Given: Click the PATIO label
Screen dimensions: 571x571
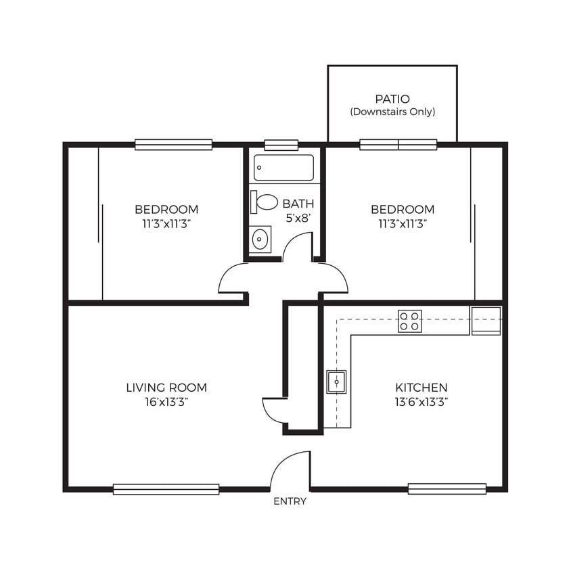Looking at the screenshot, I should [392, 99].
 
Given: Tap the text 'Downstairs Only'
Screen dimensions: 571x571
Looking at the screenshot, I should [392, 112].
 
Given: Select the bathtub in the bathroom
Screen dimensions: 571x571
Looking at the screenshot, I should [283, 168].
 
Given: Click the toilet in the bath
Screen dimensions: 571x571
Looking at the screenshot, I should [265, 202].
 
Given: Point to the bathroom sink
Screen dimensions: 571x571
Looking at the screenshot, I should [260, 239].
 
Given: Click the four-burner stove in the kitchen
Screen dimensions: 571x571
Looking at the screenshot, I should [409, 321].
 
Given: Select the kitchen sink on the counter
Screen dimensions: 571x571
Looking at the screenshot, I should [336, 382].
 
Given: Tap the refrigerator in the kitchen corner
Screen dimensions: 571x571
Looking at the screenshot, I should [486, 321].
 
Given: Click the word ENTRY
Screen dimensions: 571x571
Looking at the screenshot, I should [290, 501].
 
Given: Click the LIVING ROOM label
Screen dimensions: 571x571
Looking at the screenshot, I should [166, 388].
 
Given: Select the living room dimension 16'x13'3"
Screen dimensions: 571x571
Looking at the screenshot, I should [166, 401].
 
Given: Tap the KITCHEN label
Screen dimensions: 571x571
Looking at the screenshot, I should [421, 388].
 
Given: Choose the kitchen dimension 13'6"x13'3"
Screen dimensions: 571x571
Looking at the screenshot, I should [421, 401].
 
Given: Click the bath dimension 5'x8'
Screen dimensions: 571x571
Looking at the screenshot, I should [298, 217].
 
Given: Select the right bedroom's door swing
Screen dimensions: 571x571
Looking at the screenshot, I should [334, 279].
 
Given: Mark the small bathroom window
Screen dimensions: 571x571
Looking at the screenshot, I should [281, 145].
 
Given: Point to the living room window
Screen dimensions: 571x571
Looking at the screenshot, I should [166, 489].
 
